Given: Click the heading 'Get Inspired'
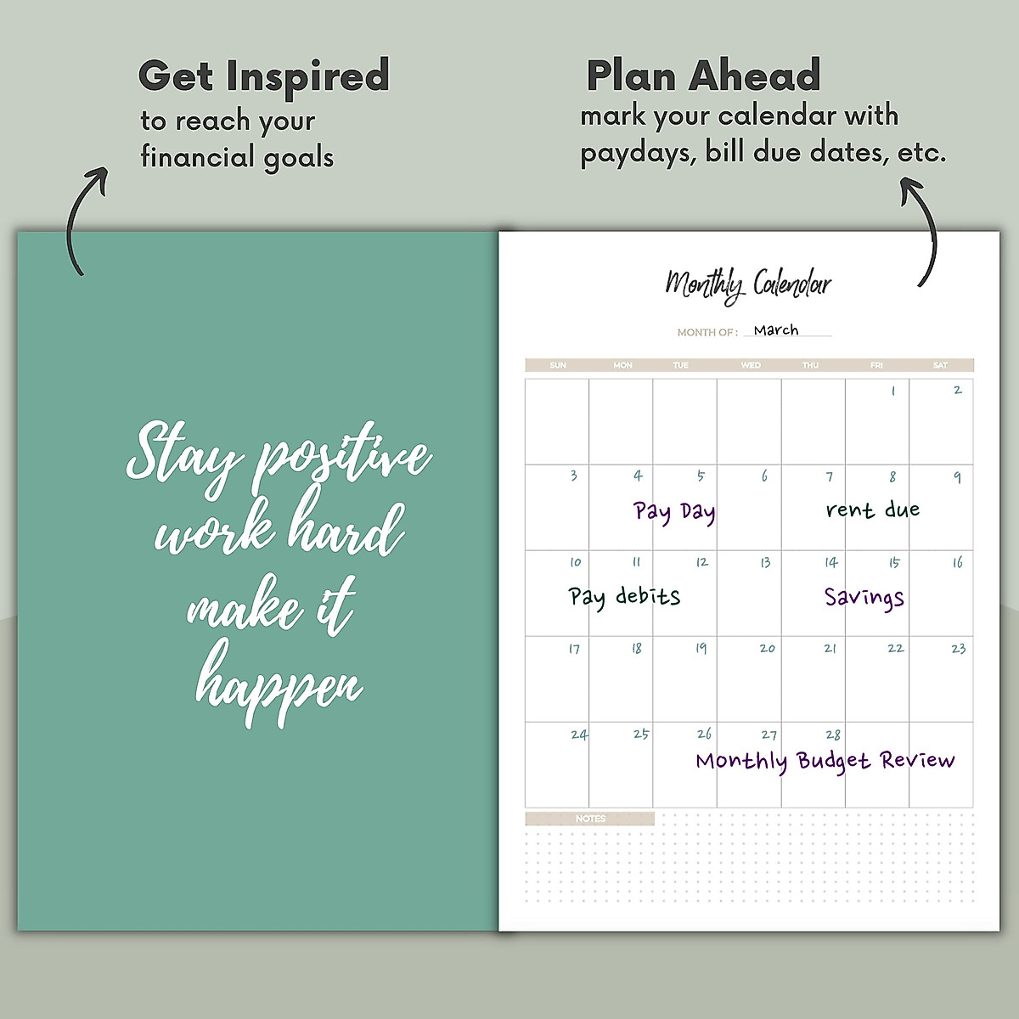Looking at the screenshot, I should click(263, 76).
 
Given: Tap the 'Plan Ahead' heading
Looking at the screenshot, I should click(703, 76).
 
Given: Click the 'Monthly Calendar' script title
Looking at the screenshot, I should click(747, 284).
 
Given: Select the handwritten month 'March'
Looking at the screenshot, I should click(775, 329).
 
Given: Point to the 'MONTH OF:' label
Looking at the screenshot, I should click(707, 332).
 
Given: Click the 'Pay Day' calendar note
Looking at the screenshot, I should click(674, 512).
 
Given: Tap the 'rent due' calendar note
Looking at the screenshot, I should click(872, 509).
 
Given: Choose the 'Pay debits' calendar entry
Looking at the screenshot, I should click(624, 596).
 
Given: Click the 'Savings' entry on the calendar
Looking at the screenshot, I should click(864, 597).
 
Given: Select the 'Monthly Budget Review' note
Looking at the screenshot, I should click(825, 761).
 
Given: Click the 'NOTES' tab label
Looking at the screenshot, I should click(590, 819).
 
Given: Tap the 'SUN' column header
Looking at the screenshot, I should click(558, 365).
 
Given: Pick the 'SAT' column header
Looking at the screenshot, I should click(940, 365).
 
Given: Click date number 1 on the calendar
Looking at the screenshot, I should click(892, 391).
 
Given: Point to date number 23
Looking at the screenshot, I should click(958, 649).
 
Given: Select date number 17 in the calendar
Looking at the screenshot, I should click(574, 649).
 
